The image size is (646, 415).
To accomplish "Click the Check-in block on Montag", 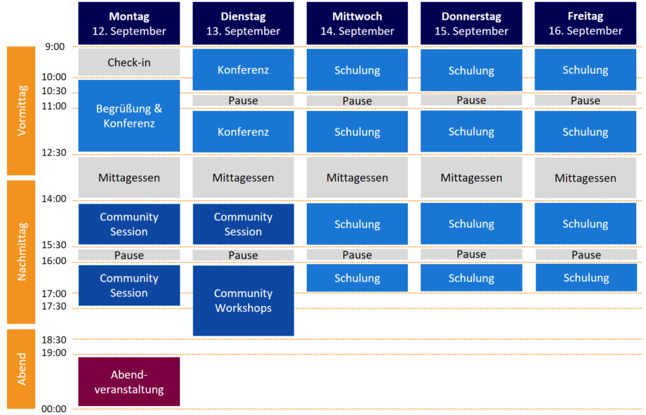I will pos(128,62).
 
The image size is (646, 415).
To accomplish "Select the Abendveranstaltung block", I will pos(128,381).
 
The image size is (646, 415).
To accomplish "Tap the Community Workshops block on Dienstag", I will pos(243,301).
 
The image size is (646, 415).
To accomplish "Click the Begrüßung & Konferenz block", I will pos(128,116).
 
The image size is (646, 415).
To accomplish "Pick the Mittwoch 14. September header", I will pos(357,24).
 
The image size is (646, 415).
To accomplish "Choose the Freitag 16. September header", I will pos(585,24).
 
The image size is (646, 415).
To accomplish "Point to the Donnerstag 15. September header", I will pos(471,24).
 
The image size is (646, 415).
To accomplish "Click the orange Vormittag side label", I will pos(21,110).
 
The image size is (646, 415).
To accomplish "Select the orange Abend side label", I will pos(21,369).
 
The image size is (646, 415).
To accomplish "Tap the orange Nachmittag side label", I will pos(21,252).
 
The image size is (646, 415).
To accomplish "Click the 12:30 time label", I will pos(53,152).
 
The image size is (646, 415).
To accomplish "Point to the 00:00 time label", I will pos(53,409).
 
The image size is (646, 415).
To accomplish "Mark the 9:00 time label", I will pos(55,47).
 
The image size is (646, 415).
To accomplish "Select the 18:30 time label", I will pos(53,339).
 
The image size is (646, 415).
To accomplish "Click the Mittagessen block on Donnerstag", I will pos(471,178).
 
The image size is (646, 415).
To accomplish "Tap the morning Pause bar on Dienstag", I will pos(243,100).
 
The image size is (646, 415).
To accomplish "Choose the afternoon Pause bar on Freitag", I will pos(585,255).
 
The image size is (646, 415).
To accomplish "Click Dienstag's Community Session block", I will pos(243,224).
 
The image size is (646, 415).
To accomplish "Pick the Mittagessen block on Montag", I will pos(128,178).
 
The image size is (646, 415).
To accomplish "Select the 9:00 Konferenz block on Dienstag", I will pos(243,70).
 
